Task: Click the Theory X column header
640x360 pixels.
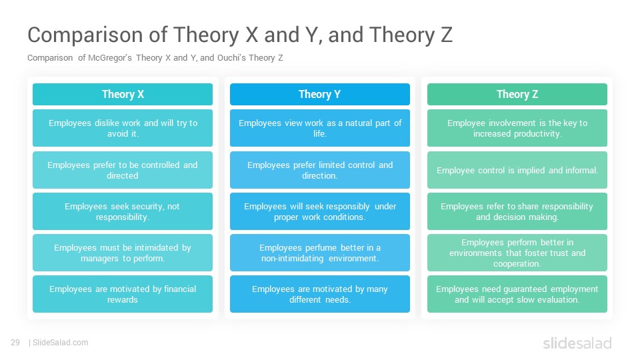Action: [123, 94]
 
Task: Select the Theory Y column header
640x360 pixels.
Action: [319, 94]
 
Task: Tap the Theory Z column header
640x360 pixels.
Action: [517, 94]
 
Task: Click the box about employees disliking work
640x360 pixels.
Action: [123, 128]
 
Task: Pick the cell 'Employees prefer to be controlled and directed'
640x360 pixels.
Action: [123, 170]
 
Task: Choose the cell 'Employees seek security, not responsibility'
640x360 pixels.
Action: [123, 211]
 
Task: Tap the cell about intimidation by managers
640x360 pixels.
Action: [123, 253]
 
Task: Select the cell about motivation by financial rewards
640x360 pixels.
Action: [123, 294]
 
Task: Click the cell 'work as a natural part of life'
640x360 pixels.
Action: [319, 128]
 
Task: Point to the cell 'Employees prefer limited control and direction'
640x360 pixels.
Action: [319, 170]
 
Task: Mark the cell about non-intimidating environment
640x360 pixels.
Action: [319, 253]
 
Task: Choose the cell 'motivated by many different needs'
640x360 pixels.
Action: [319, 294]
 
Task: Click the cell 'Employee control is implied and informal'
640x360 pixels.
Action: [517, 170]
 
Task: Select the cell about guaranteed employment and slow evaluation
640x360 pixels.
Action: [517, 294]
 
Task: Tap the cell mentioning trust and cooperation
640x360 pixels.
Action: [517, 253]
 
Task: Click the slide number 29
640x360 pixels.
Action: [15, 343]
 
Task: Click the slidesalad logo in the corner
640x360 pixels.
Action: [577, 343]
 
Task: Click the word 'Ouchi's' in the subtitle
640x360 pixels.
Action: [231, 57]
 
